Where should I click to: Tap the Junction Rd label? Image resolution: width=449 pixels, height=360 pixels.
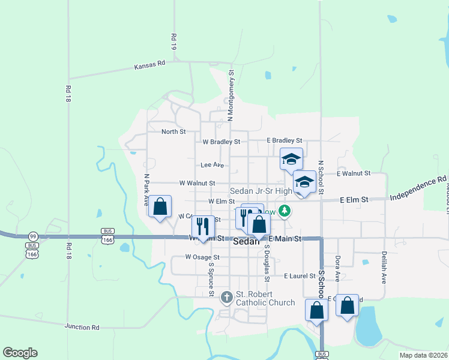coord(82,327)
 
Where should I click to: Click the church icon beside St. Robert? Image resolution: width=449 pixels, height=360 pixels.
coord(227,296)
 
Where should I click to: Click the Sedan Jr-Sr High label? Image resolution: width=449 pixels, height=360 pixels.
coord(261,191)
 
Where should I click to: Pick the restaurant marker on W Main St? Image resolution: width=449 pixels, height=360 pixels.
coord(203,227)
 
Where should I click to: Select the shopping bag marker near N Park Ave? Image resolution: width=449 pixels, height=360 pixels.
coord(160,206)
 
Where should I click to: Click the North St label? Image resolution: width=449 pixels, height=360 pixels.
coord(173,131)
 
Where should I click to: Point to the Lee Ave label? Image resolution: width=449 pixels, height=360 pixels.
coord(212,164)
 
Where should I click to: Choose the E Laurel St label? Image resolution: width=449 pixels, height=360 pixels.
coord(300,275)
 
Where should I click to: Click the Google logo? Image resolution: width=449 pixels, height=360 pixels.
coord(20,353)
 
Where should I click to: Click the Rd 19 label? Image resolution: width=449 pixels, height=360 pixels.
coord(174,41)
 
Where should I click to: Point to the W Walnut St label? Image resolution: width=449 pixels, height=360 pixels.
coord(197,182)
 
